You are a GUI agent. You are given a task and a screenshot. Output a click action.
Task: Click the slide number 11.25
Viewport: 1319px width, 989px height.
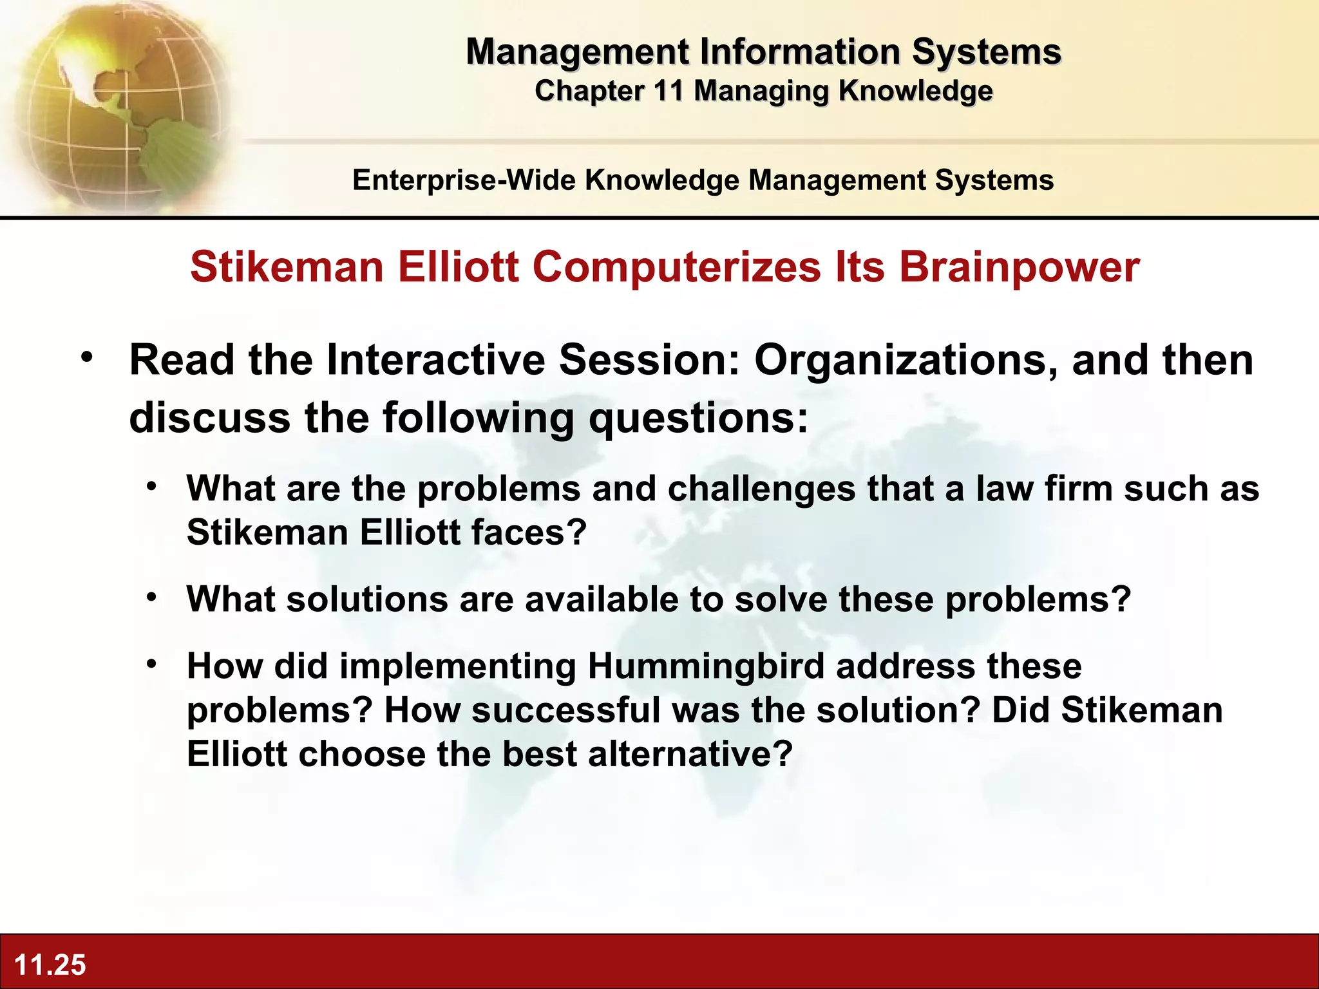point(50,965)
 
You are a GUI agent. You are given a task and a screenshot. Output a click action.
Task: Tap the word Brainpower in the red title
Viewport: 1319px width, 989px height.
point(1019,267)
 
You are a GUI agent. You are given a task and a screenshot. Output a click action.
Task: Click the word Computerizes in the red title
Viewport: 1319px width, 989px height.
point(676,267)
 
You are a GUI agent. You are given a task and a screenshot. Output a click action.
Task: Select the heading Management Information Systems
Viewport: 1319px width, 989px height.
point(763,52)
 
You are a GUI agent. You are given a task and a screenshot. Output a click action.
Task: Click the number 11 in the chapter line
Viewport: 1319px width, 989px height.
point(668,91)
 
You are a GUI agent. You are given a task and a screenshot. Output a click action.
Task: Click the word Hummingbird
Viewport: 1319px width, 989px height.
point(706,666)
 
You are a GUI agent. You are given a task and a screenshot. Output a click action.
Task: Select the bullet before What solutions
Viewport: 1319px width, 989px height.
point(151,597)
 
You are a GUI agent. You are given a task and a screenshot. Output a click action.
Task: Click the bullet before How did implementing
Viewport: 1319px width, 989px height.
point(151,664)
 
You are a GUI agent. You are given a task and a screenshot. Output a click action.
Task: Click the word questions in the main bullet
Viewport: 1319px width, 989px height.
point(698,418)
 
